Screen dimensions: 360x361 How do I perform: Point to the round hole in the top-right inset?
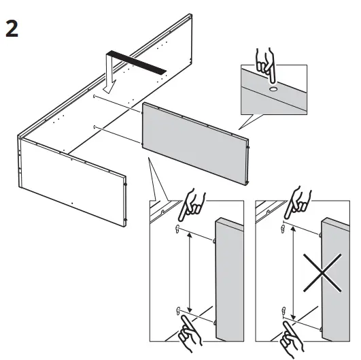click(x=272, y=88)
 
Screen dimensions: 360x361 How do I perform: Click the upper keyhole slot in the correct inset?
click(x=177, y=229)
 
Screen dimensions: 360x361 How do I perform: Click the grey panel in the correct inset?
click(x=230, y=279)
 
